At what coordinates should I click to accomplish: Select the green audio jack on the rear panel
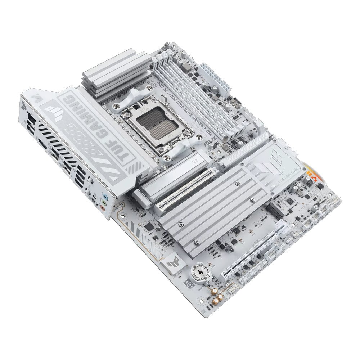tap(103, 203)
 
